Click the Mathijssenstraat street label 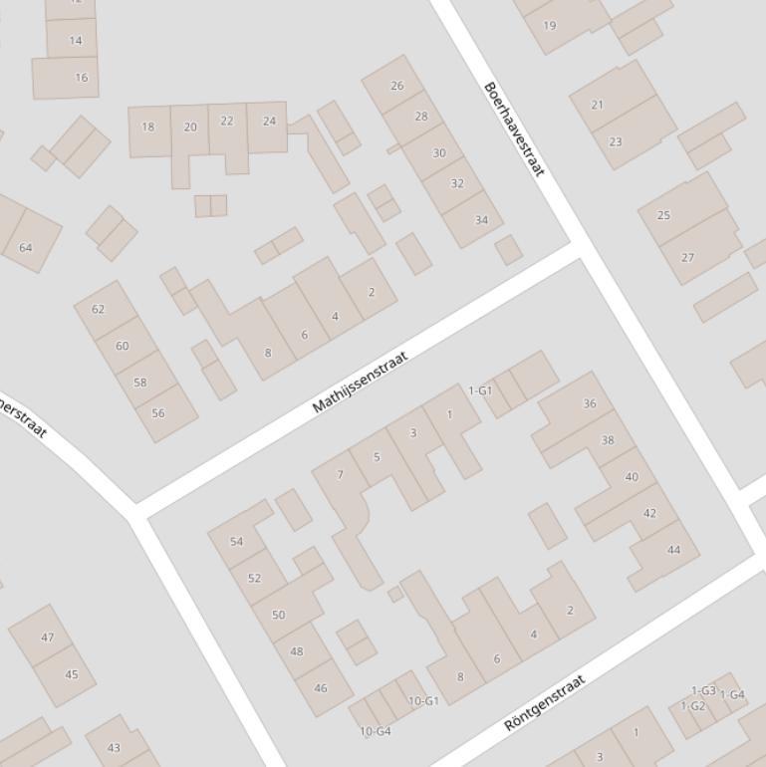pyautogui.click(x=361, y=382)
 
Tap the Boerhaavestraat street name pyautogui.click(x=514, y=129)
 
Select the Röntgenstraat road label pyautogui.click(x=545, y=703)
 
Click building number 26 pyautogui.click(x=397, y=86)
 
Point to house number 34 pyautogui.click(x=482, y=220)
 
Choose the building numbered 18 pyautogui.click(x=148, y=127)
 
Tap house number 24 pyautogui.click(x=269, y=122)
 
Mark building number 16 pyautogui.click(x=81, y=77)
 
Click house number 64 pyautogui.click(x=26, y=248)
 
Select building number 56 pyautogui.click(x=158, y=413)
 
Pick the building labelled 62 pyautogui.click(x=98, y=309)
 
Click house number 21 pyautogui.click(x=598, y=105)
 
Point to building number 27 pyautogui.click(x=687, y=257)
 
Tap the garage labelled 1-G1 pyautogui.click(x=480, y=390)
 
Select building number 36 pyautogui.click(x=590, y=403)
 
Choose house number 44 pyautogui.click(x=674, y=550)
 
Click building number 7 pyautogui.click(x=340, y=474)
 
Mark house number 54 pyautogui.click(x=236, y=542)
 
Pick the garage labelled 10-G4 pyautogui.click(x=375, y=731)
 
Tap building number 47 pyautogui.click(x=47, y=638)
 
